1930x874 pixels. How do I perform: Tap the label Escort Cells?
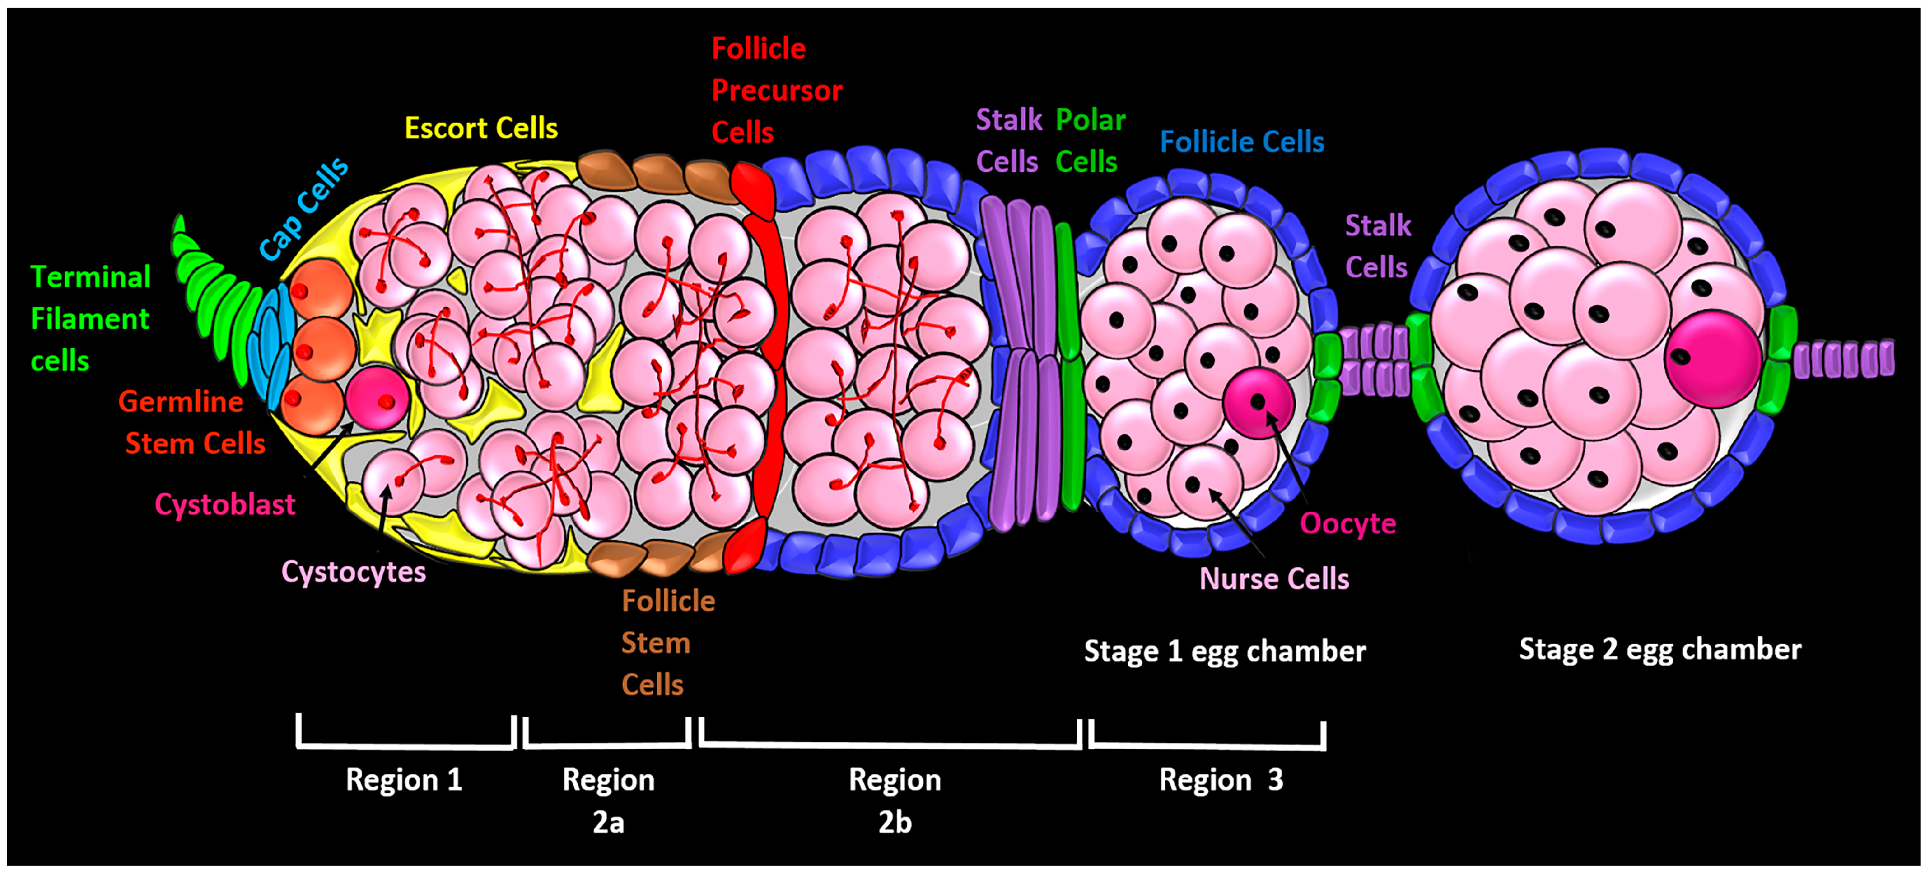point(481,128)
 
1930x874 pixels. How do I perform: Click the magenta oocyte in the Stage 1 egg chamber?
point(1258,403)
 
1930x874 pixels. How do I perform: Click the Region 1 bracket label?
point(403,780)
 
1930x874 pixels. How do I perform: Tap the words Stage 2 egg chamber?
point(1659,649)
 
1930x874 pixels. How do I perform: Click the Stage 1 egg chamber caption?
point(1224,651)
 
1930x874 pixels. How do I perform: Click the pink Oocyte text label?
point(1347,523)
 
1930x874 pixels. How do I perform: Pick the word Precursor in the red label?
point(776,91)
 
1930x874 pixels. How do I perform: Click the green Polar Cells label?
point(1090,140)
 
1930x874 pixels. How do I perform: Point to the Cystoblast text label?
point(225,504)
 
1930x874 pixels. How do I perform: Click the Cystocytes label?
point(353,572)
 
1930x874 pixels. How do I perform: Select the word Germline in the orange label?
point(181,402)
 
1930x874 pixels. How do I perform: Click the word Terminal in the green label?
point(90,277)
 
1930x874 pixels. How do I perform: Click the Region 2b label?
point(895,801)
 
